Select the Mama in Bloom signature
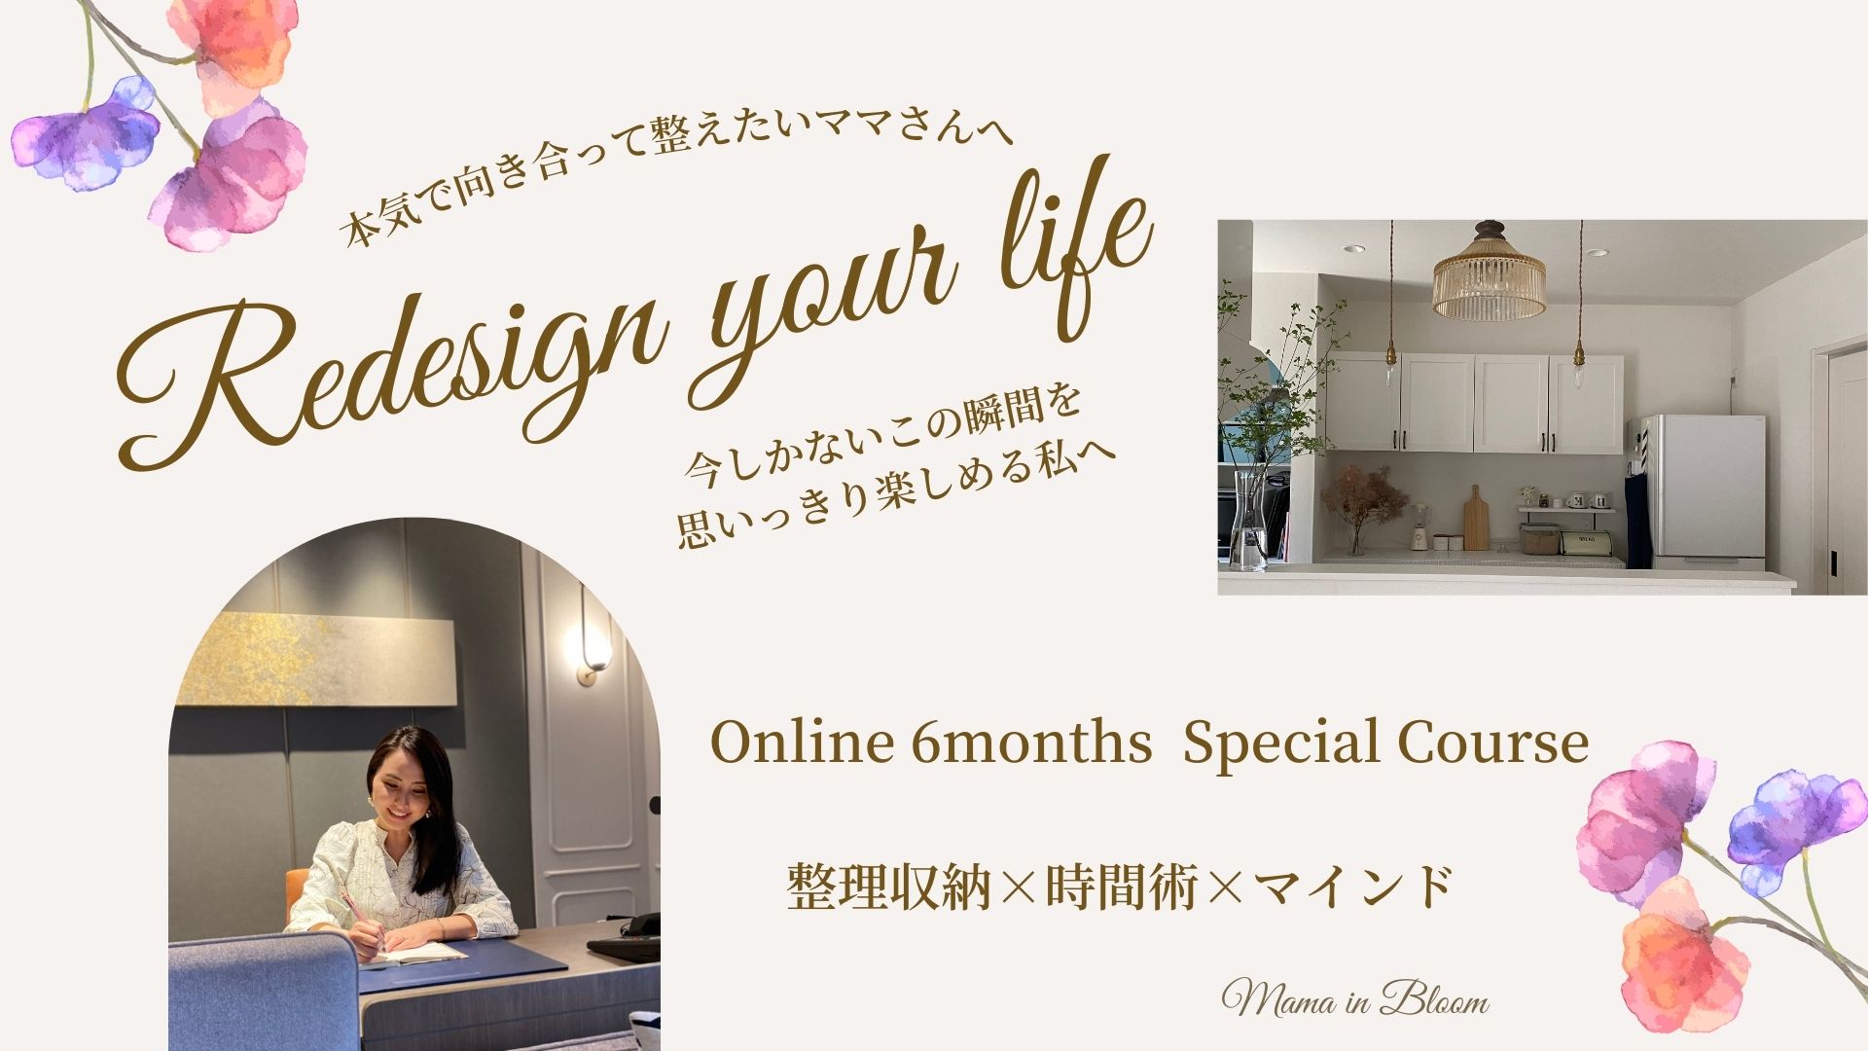(x=1355, y=1000)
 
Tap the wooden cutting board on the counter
(x=1476, y=520)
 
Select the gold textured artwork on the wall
(x=311, y=657)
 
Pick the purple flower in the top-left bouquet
(x=88, y=136)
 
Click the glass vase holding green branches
(x=1248, y=521)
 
